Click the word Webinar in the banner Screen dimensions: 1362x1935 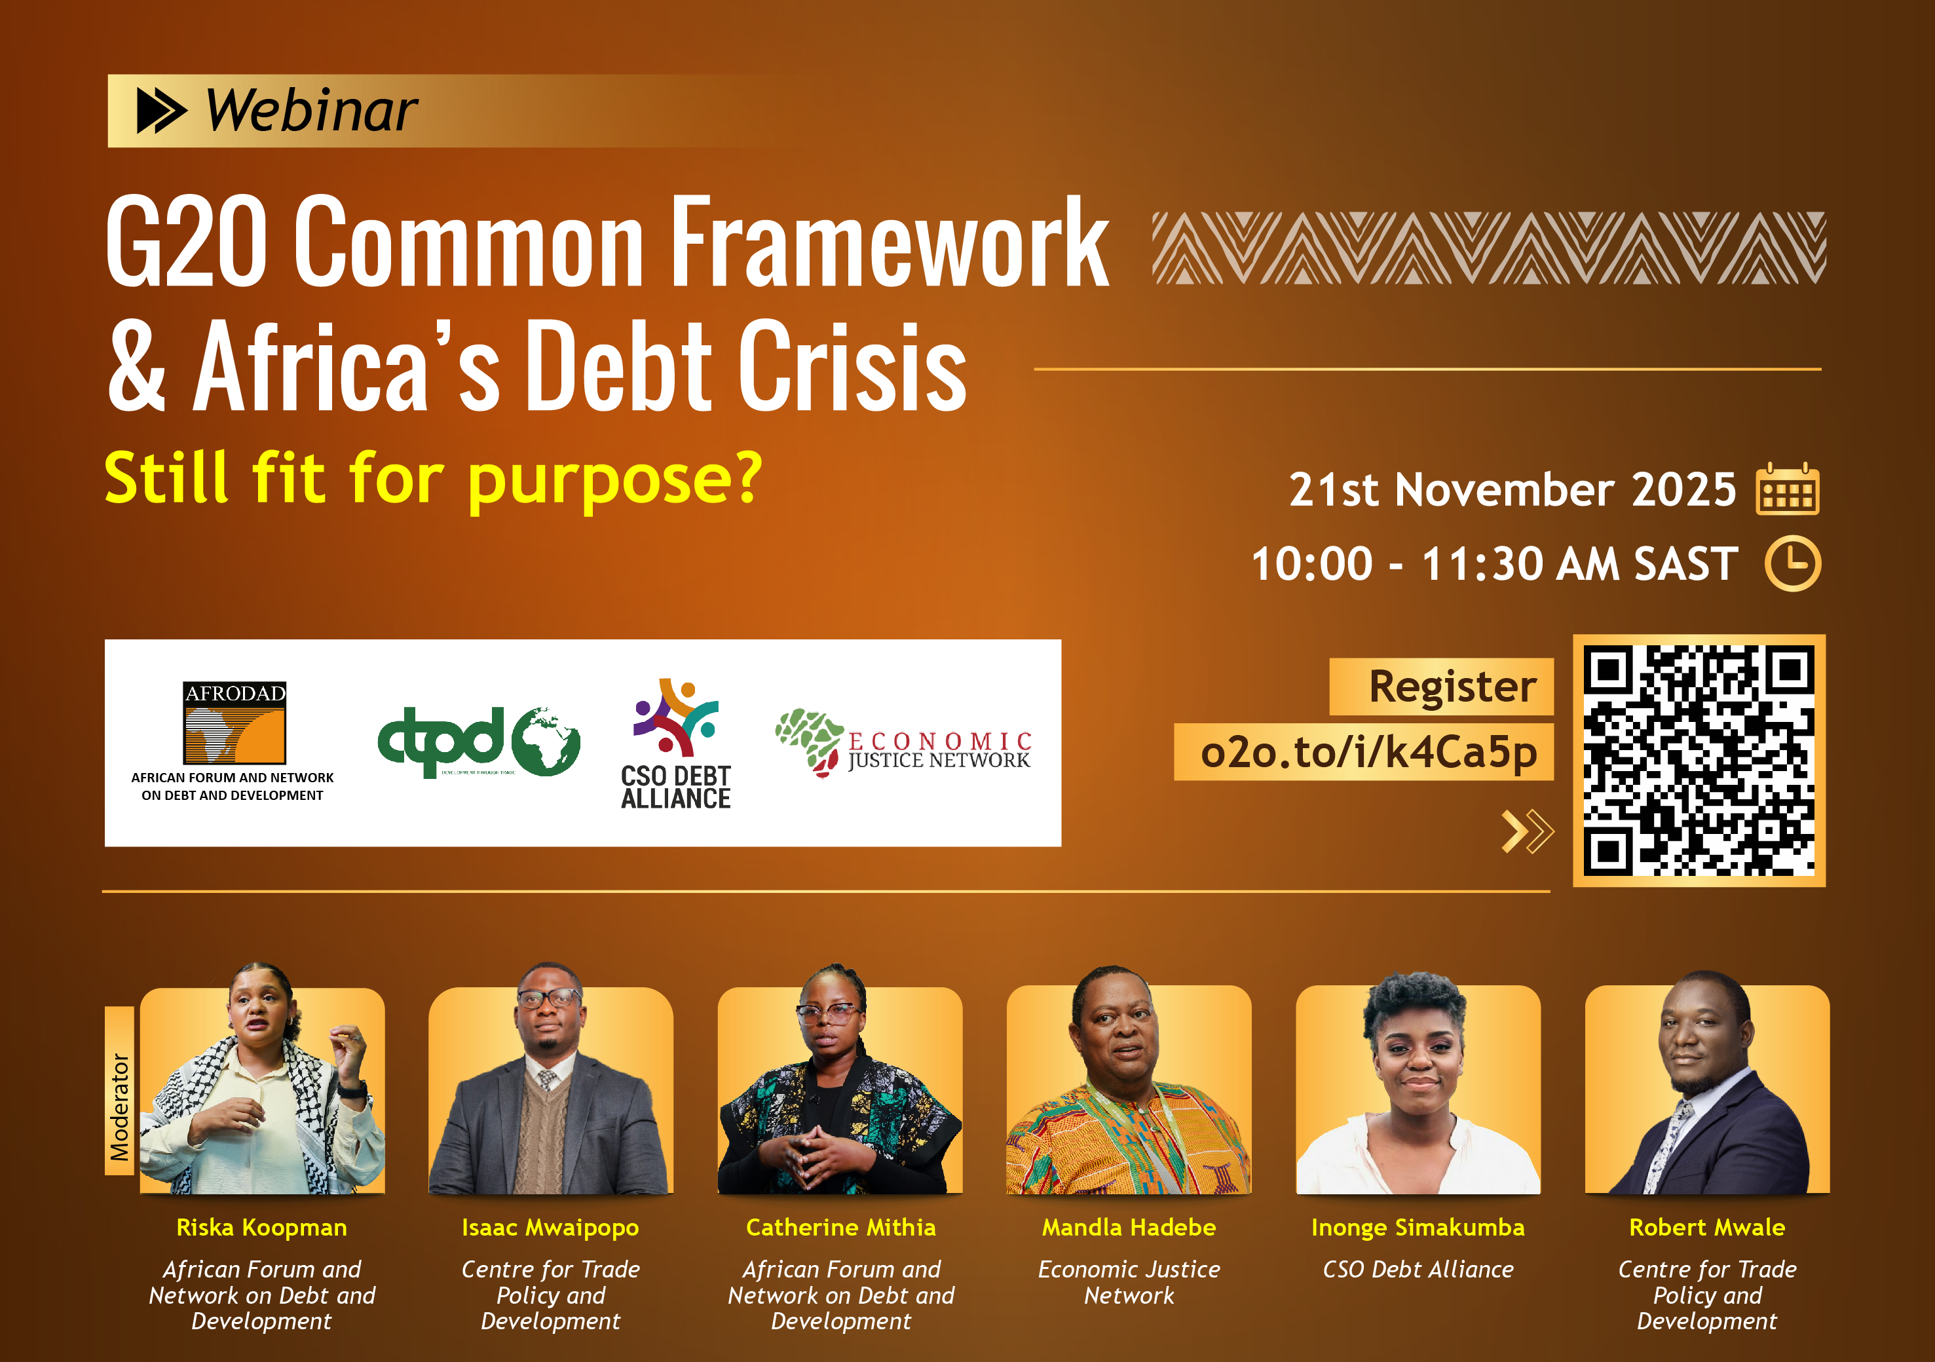point(312,111)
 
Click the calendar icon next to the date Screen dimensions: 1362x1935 point(1787,489)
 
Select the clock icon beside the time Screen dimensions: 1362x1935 point(1793,563)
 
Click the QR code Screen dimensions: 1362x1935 point(1698,760)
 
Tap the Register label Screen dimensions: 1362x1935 point(1452,686)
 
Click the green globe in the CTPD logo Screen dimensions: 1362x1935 point(546,742)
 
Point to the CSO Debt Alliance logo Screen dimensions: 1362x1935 point(676,744)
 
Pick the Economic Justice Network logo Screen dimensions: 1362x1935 point(903,742)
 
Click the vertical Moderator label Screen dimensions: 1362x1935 point(120,1106)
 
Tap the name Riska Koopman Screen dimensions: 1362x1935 point(261,1227)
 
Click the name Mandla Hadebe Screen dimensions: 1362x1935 point(1129,1227)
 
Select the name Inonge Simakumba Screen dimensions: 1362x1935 point(1418,1227)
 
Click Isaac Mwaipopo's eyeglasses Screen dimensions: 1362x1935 point(549,1000)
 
